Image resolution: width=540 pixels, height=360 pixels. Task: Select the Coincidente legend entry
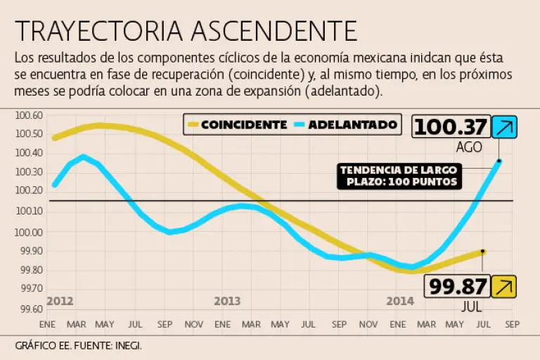tap(237, 125)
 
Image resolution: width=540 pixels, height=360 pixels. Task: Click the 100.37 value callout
tap(450, 127)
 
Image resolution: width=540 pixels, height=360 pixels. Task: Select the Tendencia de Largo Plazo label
tap(399, 176)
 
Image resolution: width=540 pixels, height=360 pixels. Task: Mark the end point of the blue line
tap(499, 161)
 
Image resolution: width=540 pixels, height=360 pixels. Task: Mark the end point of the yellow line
tap(483, 251)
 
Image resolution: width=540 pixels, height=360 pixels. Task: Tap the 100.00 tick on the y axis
tap(30, 232)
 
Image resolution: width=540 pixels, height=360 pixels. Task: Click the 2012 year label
tap(60, 301)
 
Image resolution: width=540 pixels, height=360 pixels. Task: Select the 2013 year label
tap(227, 301)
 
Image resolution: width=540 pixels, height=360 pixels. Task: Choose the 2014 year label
tap(400, 301)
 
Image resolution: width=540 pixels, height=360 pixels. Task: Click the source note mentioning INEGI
tap(83, 345)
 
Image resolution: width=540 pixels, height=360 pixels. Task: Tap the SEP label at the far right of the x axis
tap(512, 324)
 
